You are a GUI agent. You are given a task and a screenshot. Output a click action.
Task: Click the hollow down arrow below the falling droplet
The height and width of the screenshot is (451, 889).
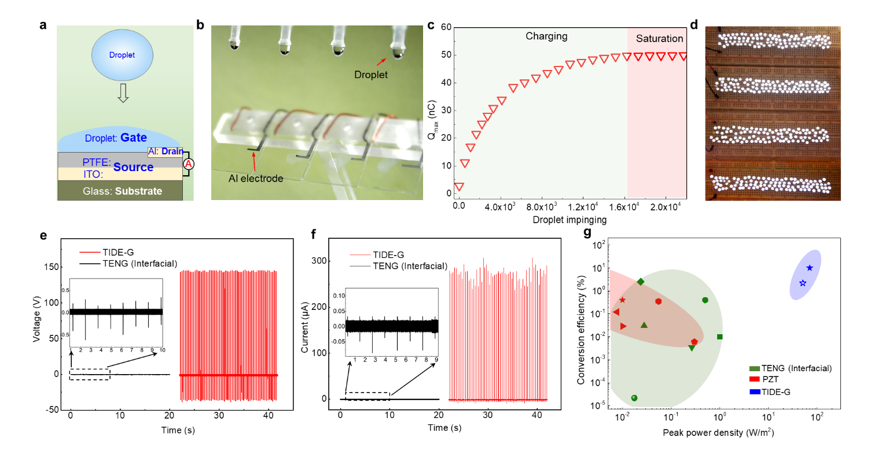point(123,93)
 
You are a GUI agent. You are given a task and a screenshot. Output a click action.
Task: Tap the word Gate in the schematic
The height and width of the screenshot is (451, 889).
point(133,138)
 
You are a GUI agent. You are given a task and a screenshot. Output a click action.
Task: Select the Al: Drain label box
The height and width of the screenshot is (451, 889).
point(166,151)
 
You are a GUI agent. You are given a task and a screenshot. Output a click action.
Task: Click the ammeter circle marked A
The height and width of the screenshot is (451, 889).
point(188,164)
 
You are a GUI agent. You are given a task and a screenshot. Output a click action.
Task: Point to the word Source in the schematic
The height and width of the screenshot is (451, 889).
point(133,167)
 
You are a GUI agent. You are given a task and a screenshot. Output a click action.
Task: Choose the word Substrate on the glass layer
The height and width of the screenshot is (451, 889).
point(138,191)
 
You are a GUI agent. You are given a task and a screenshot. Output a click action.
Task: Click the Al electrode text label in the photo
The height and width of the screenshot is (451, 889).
point(256,179)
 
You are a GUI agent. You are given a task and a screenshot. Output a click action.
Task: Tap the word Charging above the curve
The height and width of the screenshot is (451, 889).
point(546,36)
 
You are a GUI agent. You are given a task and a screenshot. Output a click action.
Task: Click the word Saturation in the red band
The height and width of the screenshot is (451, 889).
point(659,39)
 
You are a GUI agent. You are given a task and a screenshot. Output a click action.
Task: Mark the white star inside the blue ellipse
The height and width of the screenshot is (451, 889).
point(803,283)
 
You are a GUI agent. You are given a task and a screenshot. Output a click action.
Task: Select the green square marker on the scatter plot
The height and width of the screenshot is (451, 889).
point(720,337)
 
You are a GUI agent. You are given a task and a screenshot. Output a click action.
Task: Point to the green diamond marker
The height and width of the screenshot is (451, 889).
point(641,282)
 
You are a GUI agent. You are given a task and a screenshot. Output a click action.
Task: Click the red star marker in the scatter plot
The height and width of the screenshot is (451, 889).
point(622,300)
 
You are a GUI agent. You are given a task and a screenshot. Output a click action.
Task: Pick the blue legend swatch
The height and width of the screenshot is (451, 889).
point(754,391)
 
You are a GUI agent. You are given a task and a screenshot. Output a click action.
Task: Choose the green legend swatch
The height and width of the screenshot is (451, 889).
point(754,368)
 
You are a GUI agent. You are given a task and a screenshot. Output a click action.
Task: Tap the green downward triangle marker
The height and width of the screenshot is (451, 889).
point(692,348)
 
